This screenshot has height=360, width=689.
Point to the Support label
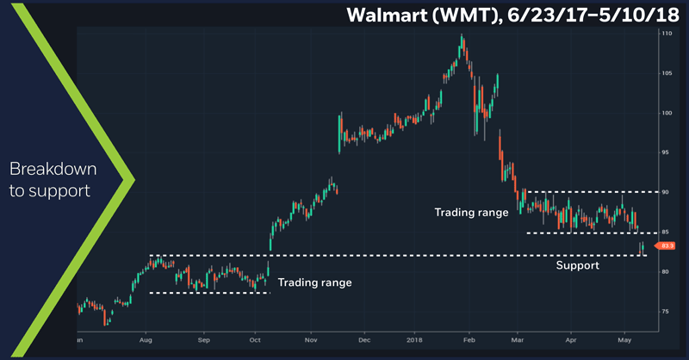tap(577, 266)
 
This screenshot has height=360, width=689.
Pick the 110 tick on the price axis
tap(666, 34)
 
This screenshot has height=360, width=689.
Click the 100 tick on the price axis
tap(666, 113)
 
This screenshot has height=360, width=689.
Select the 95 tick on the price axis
tap(666, 152)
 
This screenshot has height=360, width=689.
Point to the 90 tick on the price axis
tap(666, 192)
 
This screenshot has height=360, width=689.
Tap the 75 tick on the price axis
tap(666, 311)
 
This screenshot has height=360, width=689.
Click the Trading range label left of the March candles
tap(471, 212)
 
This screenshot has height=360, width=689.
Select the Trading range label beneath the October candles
tap(314, 282)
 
